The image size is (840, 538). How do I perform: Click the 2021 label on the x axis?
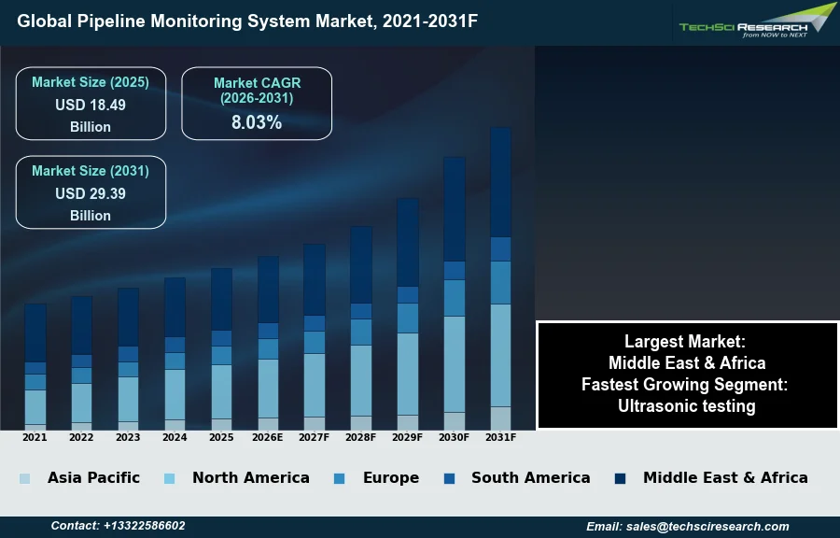(35, 437)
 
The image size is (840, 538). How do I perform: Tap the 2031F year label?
(501, 437)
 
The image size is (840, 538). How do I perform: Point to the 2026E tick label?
(268, 437)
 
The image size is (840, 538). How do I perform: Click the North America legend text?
(250, 477)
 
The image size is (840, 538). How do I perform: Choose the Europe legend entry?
(390, 477)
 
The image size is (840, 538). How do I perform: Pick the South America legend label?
(530, 477)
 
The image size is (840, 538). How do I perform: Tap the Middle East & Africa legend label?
(725, 477)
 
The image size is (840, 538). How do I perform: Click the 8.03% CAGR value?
(257, 121)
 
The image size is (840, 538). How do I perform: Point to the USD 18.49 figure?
(91, 106)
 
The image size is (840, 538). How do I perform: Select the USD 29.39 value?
(91, 194)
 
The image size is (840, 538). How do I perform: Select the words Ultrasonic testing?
(687, 406)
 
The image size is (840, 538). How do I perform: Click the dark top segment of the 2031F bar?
(501, 182)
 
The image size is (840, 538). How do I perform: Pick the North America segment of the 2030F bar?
(455, 364)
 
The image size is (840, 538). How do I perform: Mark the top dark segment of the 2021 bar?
(35, 333)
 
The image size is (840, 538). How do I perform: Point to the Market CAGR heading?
(257, 91)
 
